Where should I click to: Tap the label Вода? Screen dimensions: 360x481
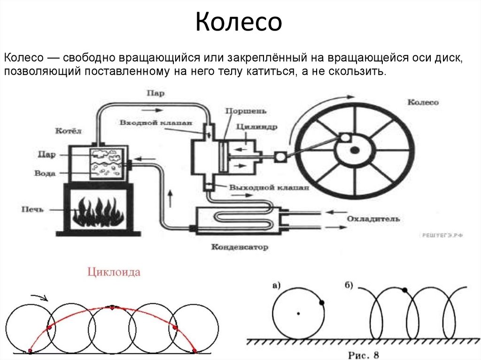pyautogui.click(x=45, y=173)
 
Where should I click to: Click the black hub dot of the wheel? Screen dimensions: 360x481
pyautogui.click(x=355, y=150)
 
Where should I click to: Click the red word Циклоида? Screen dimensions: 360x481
pyautogui.click(x=113, y=272)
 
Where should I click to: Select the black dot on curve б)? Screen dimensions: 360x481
pyautogui.click(x=405, y=290)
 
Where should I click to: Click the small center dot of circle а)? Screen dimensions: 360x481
pyautogui.click(x=298, y=313)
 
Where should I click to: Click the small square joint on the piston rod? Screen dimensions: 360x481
pyautogui.click(x=281, y=157)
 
